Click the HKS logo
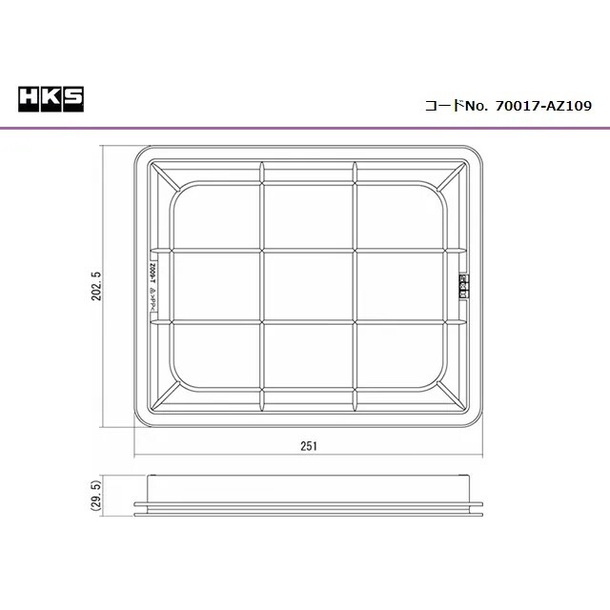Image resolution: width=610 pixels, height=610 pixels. tap(51, 98)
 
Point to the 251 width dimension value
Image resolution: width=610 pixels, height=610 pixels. tap(307, 444)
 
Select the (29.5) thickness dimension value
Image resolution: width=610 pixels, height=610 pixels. tap(96, 498)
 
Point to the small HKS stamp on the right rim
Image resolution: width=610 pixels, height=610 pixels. tap(464, 285)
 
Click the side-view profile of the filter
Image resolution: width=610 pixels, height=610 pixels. tap(309, 499)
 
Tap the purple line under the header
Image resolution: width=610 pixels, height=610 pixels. tap(305, 127)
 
